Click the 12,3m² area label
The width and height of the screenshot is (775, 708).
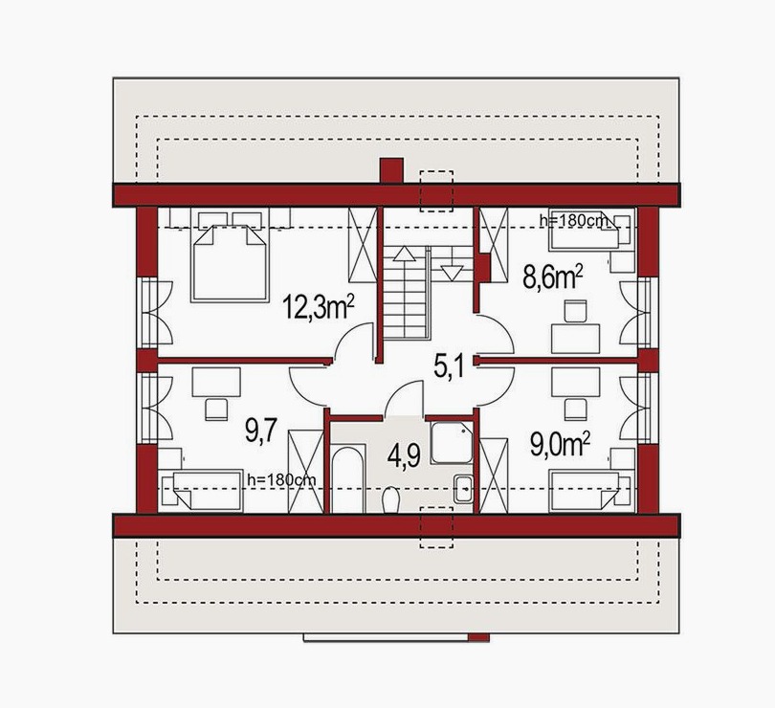(319, 307)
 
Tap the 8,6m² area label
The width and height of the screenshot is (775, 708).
(553, 278)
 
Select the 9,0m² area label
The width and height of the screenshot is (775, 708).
(560, 445)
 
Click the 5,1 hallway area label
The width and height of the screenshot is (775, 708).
(450, 366)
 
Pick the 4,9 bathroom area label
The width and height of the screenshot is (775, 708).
(404, 455)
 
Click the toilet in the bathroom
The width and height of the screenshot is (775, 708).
(390, 499)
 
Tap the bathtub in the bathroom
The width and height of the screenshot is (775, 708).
(348, 480)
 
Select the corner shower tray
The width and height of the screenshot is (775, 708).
(452, 442)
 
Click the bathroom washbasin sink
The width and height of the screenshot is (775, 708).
(463, 490)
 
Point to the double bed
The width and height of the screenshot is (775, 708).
(230, 257)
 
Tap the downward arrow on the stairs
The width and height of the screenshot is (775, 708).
(452, 274)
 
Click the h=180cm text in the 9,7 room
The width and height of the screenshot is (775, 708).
(281, 478)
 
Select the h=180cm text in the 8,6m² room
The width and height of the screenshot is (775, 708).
(573, 220)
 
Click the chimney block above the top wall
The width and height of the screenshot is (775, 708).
(391, 171)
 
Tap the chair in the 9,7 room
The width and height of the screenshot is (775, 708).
(216, 409)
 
